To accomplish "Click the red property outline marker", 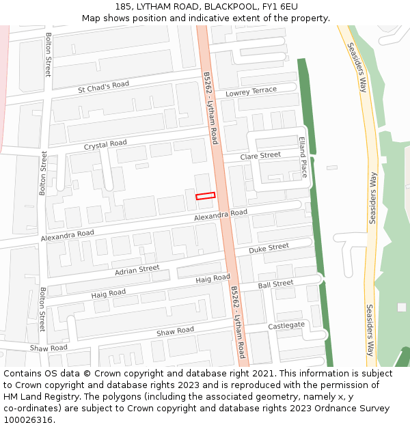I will [205, 196].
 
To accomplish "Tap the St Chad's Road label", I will [103, 87].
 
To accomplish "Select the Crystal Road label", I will [105, 145].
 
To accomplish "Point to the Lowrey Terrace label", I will [251, 92].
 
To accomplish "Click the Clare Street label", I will [261, 156].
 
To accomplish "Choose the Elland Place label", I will [303, 156].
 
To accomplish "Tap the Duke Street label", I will [269, 249].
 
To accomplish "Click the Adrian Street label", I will [137, 271].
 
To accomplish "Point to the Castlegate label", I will [286, 326].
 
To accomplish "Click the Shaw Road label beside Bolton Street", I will [49, 348].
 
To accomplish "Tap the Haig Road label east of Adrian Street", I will [213, 279].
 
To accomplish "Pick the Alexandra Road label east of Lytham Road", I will [220, 215].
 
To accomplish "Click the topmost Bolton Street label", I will [48, 55].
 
